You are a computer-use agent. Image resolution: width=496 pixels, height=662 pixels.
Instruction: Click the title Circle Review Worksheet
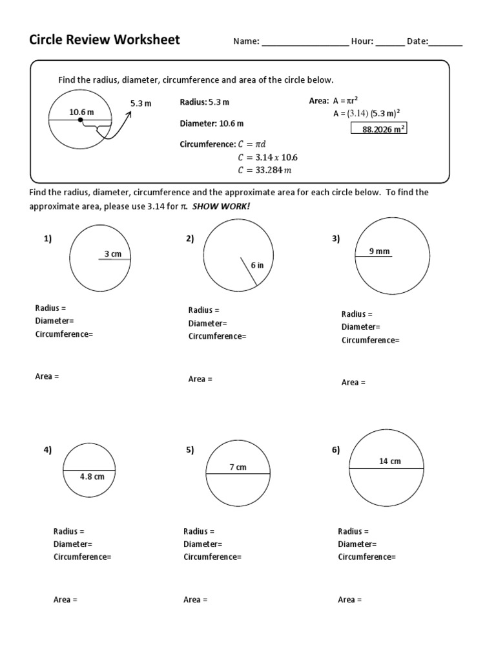(x=105, y=40)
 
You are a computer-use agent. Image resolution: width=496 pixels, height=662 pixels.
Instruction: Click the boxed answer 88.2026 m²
(x=378, y=129)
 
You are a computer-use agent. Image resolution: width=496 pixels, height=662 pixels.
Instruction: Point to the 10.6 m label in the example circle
(x=81, y=112)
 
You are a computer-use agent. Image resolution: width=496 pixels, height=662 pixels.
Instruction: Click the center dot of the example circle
(x=80, y=120)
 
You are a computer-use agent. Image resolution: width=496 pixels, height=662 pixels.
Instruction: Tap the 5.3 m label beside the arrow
(x=140, y=103)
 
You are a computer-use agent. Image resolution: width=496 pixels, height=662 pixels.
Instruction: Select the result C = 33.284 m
(x=265, y=171)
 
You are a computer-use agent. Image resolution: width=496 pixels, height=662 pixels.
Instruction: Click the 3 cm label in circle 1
(x=113, y=254)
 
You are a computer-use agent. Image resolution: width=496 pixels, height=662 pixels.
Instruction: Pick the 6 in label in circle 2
(x=257, y=265)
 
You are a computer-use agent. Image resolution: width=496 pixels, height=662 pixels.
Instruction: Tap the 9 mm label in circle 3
(x=379, y=251)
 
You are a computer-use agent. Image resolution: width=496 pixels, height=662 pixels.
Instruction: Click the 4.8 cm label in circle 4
(x=92, y=476)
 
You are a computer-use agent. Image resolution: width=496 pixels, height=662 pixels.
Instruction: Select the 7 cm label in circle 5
(x=238, y=467)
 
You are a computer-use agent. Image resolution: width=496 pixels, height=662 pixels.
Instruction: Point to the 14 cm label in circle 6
(x=390, y=461)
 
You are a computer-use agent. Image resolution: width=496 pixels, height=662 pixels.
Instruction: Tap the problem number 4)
(x=48, y=450)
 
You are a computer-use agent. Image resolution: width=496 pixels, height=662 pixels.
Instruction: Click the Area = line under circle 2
(x=200, y=379)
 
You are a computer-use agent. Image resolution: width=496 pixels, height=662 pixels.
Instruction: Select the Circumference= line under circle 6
(x=367, y=557)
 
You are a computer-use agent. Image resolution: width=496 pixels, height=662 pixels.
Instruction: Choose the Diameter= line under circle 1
(x=54, y=321)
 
